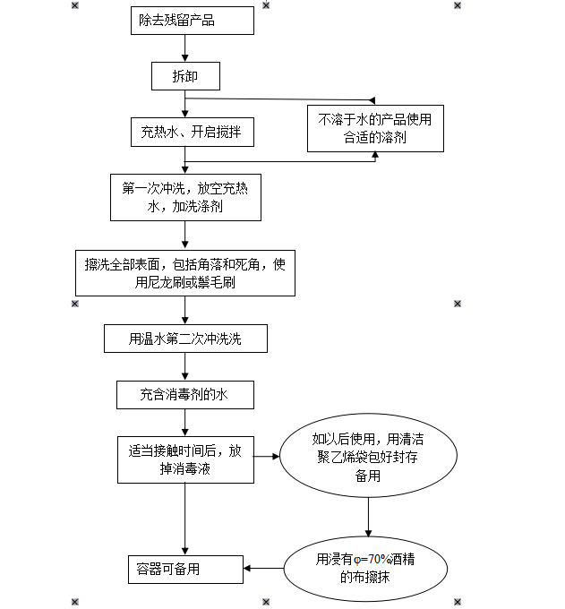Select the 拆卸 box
click(x=184, y=76)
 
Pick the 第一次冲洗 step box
click(x=185, y=197)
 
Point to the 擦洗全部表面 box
click(x=185, y=273)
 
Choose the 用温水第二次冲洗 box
click(x=185, y=339)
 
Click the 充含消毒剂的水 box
click(x=185, y=393)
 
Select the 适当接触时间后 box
click(x=185, y=459)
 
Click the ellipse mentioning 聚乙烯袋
click(x=368, y=458)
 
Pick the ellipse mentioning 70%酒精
click(x=368, y=569)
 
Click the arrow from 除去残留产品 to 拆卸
click(x=184, y=48)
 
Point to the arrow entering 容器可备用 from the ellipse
click(x=263, y=569)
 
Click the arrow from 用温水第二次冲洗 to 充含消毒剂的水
click(x=185, y=367)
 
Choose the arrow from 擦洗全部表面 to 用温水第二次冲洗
click(x=185, y=312)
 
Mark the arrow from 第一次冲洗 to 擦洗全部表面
click(x=185, y=236)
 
